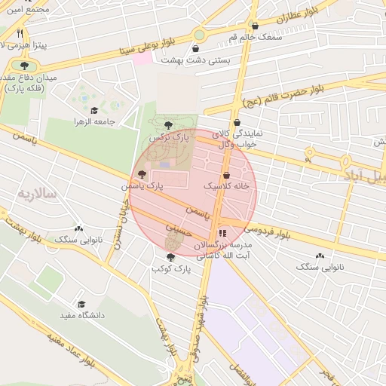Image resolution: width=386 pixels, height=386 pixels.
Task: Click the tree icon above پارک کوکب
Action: pos(170,257)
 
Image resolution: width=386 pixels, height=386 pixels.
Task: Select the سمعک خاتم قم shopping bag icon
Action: pos(255,26)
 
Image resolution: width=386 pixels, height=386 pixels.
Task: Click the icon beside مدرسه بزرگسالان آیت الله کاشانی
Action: pos(222,233)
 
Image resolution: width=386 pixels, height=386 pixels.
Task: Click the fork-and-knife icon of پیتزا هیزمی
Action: pos(20,33)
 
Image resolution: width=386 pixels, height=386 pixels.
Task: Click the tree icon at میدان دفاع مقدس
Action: pos(25,66)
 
